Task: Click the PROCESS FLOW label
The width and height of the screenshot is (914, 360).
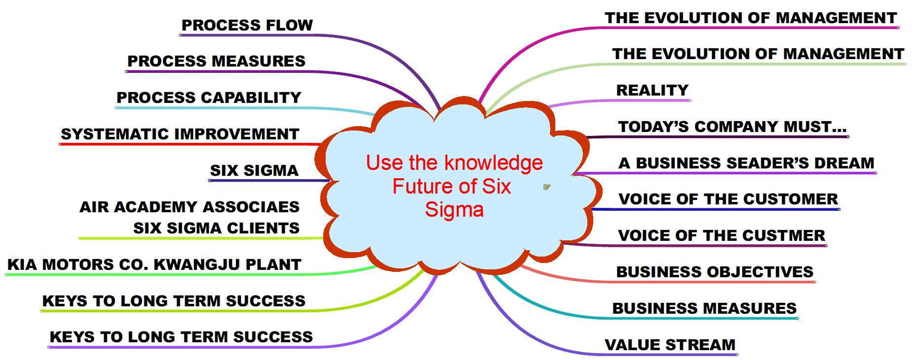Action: coord(247,25)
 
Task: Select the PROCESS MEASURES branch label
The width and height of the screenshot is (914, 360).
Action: coord(216,61)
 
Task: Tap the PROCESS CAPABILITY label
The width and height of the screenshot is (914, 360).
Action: coord(208,98)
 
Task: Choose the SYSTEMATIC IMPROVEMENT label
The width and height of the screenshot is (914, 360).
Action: coord(180,134)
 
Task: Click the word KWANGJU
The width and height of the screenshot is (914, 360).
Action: coord(193,264)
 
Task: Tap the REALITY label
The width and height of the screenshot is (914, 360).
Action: coord(652,90)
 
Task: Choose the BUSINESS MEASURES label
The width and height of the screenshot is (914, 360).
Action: coord(704,308)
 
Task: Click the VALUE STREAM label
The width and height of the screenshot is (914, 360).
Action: coord(670,345)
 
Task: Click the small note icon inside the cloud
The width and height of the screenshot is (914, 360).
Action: coord(546,187)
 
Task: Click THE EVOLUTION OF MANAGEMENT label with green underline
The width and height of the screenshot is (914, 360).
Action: coord(758,54)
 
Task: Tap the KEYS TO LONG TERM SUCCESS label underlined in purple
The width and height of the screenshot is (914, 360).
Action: coord(181,337)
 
